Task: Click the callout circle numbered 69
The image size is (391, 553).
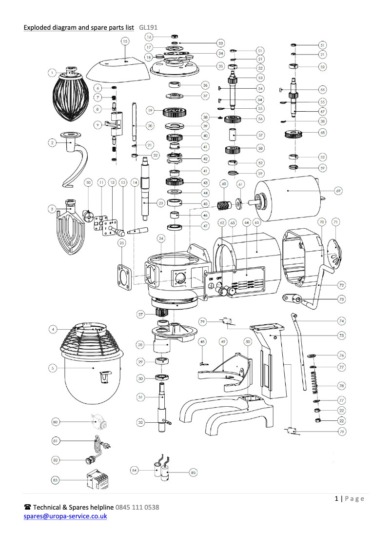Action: tap(338, 191)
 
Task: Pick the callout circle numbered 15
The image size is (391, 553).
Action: tap(125, 42)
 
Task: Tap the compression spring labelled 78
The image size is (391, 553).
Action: tap(316, 380)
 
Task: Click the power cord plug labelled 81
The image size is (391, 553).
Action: tap(99, 445)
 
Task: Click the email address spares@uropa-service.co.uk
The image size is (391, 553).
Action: tap(65, 516)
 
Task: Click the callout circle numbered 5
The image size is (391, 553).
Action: tap(52, 368)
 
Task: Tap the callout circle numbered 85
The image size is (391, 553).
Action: tap(193, 472)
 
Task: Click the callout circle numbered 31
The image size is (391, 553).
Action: tap(140, 397)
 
